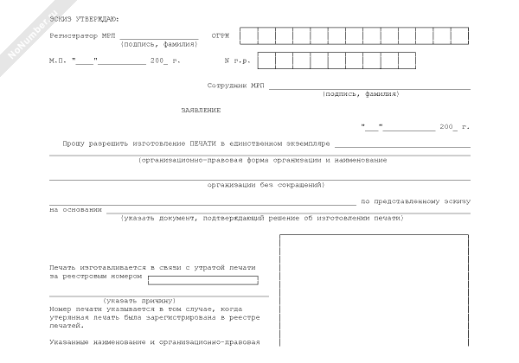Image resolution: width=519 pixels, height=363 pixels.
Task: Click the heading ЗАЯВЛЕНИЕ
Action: coord(201,110)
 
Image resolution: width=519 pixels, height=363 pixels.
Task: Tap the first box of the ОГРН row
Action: coord(248,35)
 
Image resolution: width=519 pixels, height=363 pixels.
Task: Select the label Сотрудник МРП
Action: coord(236,86)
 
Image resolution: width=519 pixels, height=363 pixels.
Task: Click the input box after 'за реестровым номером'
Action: coord(203,280)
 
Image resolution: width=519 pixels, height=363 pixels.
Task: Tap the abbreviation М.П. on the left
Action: coord(57,61)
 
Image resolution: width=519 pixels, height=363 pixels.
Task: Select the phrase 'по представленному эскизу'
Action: coord(415,201)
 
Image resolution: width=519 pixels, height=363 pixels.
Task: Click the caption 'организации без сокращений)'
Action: coord(266,184)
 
